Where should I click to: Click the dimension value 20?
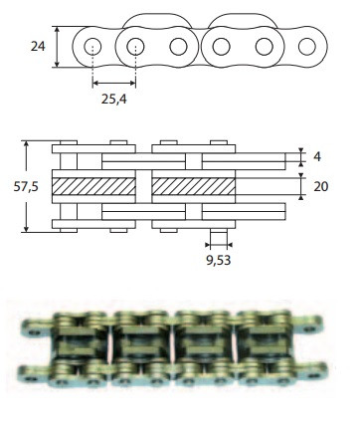pos(320,186)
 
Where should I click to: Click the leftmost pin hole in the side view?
pos(92,46)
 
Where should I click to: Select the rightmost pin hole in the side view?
pos(307,46)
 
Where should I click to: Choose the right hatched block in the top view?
pos(194,186)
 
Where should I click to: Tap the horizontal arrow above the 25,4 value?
pos(114,84)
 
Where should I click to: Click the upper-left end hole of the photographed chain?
pos(30,326)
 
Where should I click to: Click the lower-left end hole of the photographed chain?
pos(30,379)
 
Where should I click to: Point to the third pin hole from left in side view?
pos(179,46)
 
